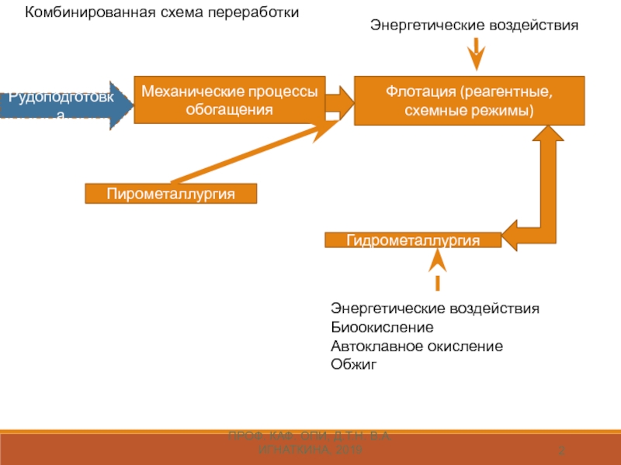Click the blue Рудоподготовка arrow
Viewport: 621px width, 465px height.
point(66,105)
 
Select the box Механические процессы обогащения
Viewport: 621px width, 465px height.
point(229,100)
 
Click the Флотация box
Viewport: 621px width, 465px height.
point(470,100)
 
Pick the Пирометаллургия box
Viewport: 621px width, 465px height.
point(171,193)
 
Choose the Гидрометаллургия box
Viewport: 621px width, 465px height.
point(412,240)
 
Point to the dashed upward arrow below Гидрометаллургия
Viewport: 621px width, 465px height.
point(438,271)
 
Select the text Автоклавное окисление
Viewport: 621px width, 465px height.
point(416,346)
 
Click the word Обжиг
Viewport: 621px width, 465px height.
point(353,364)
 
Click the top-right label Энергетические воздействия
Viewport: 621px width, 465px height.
point(474,26)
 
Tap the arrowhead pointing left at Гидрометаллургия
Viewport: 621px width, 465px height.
point(513,235)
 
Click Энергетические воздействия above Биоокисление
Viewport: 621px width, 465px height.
point(435,308)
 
